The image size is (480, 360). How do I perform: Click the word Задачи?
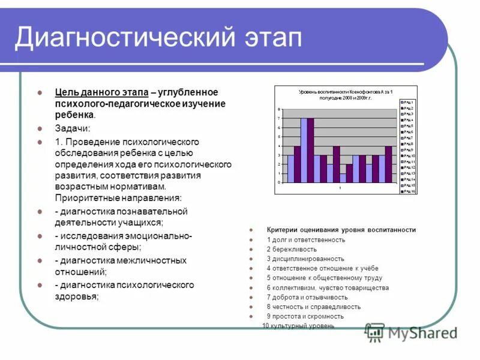coord(73,128)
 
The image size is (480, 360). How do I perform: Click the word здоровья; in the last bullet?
coord(77,296)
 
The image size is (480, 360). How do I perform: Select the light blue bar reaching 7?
coord(304,150)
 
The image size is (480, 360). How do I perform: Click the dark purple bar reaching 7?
coord(310,150)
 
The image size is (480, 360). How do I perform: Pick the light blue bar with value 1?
coord(343,178)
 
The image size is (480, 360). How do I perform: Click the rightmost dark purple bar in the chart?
coord(388,164)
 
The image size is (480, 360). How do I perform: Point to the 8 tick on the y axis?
coord(278,110)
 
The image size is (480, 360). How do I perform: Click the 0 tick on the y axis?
coord(278,182)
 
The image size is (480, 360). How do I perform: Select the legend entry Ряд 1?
coord(407,103)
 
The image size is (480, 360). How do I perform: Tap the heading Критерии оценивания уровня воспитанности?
coord(341,230)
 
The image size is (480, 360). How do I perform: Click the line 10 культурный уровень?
coord(299,326)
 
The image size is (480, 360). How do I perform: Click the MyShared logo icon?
coord(375,332)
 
